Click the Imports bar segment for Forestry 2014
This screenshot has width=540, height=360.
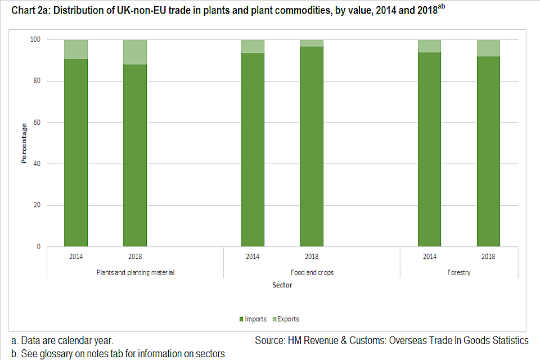(430, 149)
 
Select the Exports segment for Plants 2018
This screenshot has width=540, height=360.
(135, 52)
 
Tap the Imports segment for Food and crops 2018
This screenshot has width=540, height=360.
(312, 146)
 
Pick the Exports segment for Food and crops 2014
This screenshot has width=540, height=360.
(253, 47)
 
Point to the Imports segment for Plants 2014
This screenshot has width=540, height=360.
(76, 152)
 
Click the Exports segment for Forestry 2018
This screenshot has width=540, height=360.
(488, 48)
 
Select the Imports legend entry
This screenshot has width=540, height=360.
(253, 319)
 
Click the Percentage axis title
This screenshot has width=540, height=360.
(24, 143)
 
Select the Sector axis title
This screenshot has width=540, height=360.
(282, 285)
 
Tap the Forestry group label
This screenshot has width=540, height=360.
(459, 273)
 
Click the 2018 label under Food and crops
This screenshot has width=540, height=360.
(312, 257)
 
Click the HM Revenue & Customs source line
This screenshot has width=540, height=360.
(391, 341)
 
